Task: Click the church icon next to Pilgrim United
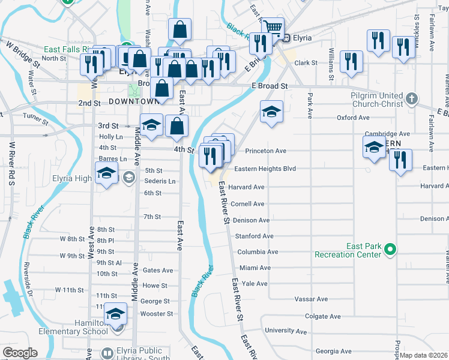point(412,97)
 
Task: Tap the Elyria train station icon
point(287,38)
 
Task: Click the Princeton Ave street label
point(264,151)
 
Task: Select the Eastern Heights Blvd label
point(265,169)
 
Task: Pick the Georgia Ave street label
point(333,351)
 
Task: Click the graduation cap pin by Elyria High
point(107,173)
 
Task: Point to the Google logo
point(20,352)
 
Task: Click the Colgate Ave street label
point(323,316)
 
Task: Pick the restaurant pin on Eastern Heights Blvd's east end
point(400,160)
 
